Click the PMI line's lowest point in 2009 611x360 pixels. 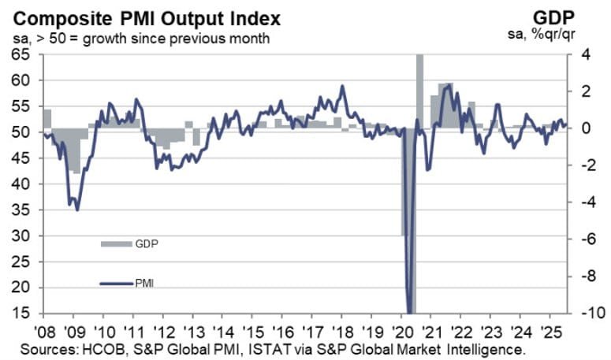pyautogui.click(x=76, y=210)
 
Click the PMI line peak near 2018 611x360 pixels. pyautogui.click(x=342, y=86)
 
